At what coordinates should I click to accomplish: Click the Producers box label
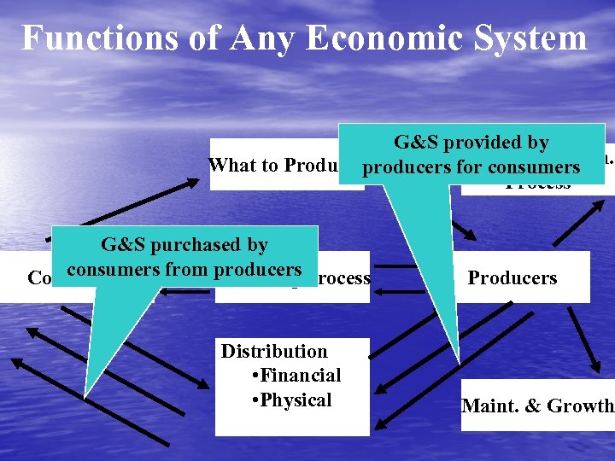pyautogui.click(x=512, y=278)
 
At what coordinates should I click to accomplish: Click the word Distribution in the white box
pyautogui.click(x=274, y=351)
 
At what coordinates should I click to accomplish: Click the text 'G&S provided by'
pyautogui.click(x=471, y=143)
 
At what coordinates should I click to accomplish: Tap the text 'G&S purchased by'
pyautogui.click(x=184, y=245)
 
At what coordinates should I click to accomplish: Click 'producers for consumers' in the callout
pyautogui.click(x=471, y=167)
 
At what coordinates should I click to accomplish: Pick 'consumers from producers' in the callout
pyautogui.click(x=184, y=270)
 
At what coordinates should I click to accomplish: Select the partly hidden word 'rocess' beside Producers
pyautogui.click(x=343, y=278)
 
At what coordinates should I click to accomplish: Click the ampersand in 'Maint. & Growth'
pyautogui.click(x=523, y=406)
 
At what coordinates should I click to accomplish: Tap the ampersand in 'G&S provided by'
pyautogui.click(x=412, y=143)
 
